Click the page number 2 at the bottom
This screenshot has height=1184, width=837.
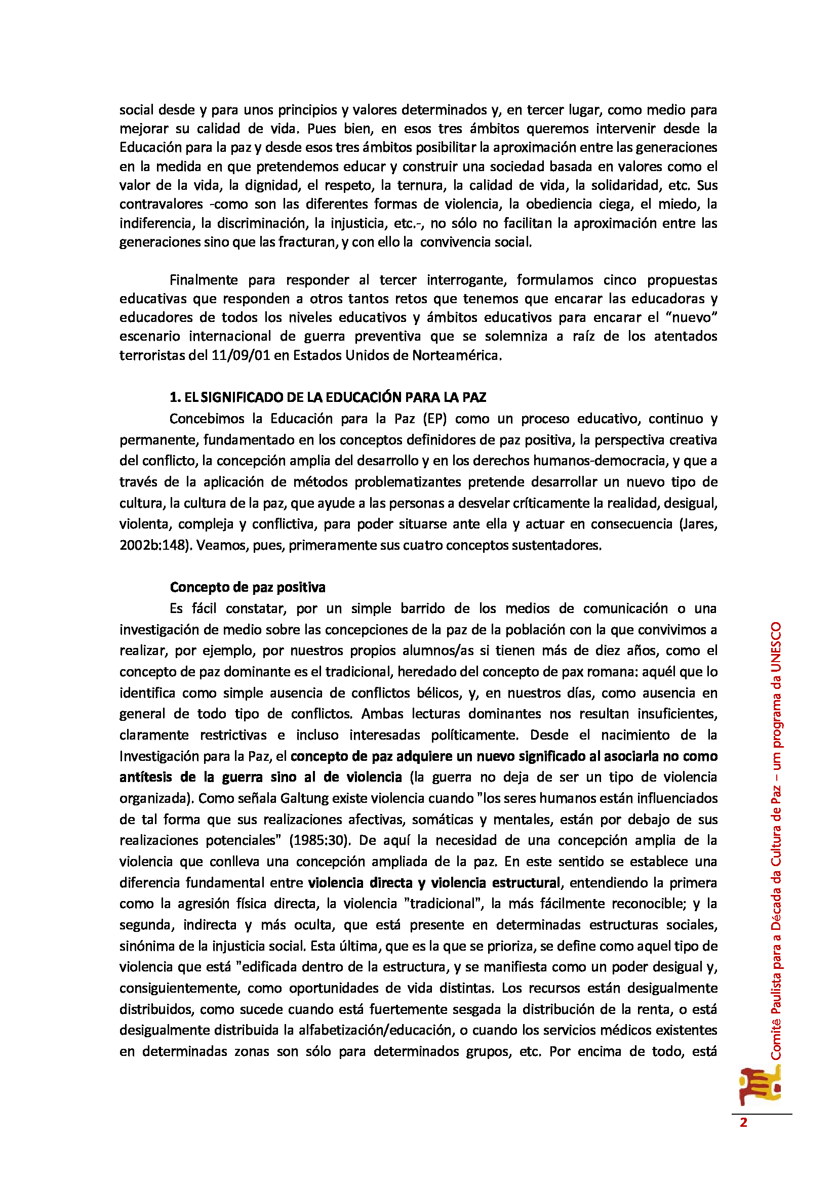[743, 1123]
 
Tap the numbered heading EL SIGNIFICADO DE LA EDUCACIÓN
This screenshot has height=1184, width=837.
[328, 397]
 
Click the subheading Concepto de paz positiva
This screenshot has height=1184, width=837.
[248, 587]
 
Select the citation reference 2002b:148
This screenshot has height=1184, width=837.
[152, 545]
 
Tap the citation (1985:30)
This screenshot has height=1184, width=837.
[320, 840]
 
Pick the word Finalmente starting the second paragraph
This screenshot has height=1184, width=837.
[203, 280]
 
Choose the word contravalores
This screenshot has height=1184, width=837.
[162, 204]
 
